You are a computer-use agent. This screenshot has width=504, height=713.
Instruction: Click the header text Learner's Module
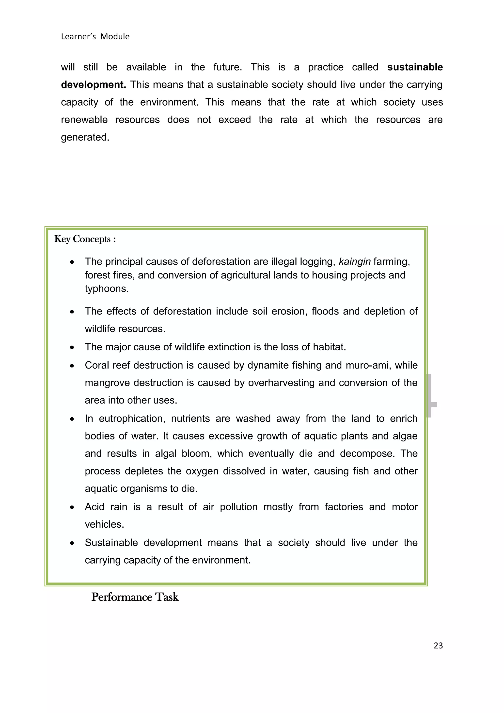[x=95, y=37]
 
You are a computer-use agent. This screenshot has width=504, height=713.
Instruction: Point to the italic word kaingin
[x=354, y=262]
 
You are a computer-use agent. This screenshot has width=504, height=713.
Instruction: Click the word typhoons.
[x=107, y=289]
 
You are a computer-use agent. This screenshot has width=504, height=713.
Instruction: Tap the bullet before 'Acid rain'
[x=72, y=507]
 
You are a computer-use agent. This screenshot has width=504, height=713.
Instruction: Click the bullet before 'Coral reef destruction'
[x=72, y=366]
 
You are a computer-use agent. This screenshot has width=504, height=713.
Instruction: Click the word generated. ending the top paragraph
[x=85, y=137]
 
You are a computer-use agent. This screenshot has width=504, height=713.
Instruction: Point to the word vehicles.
[x=104, y=524]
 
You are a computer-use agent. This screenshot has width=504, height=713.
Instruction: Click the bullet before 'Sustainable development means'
[x=72, y=543]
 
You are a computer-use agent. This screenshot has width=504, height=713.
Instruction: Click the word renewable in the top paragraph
[x=84, y=120]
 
